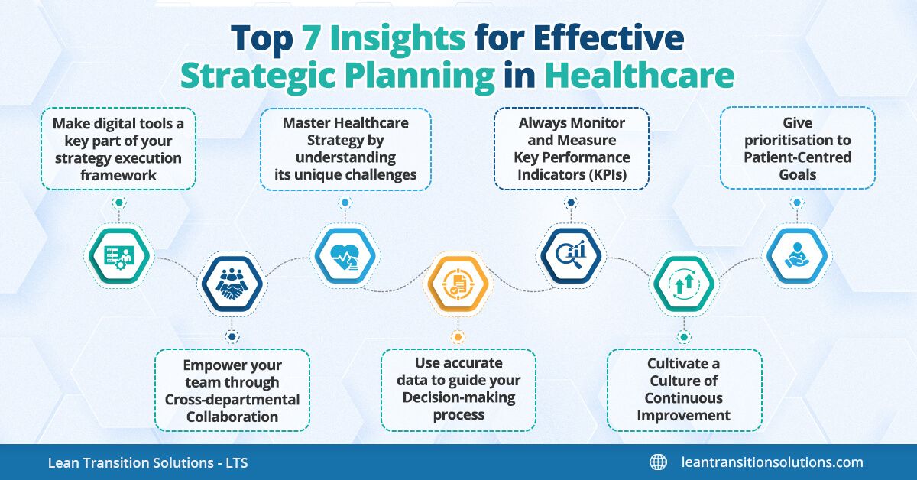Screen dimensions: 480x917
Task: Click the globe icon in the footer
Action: pos(658,462)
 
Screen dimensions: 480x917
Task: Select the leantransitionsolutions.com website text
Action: pos(772,462)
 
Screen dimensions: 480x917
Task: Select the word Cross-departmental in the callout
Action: pos(232,400)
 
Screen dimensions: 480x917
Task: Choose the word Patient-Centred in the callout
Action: pos(798,157)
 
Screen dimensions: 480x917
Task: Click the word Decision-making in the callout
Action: pos(457,397)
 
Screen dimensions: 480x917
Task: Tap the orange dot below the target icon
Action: pos(458,337)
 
